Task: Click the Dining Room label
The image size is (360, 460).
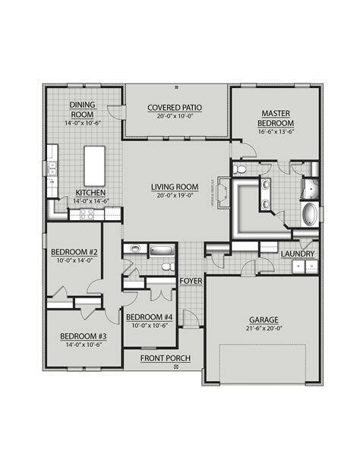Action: [81, 109]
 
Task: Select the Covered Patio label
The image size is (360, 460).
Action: [175, 108]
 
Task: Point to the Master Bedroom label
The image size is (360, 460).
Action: [278, 119]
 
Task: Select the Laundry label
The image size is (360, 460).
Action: [298, 254]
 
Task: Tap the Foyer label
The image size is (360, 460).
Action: [190, 281]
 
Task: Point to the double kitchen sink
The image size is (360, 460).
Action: [52, 167]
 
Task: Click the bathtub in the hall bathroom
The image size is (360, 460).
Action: [161, 249]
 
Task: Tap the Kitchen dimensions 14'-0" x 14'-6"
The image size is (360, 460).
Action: [90, 201]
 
